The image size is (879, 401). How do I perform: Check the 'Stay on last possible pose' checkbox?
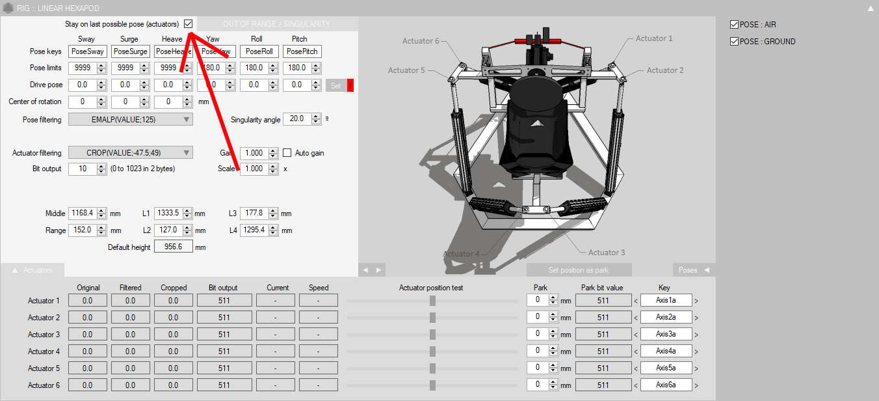(189, 24)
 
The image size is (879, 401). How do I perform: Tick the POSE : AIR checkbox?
(735, 25)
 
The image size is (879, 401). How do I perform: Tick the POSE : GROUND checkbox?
(735, 42)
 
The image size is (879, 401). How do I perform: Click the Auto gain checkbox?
(287, 153)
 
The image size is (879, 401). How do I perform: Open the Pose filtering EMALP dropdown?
(131, 119)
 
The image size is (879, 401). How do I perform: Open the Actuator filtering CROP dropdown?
(131, 153)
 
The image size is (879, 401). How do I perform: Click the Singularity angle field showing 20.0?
(296, 119)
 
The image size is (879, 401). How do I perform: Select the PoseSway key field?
(88, 51)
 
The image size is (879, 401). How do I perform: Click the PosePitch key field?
(302, 51)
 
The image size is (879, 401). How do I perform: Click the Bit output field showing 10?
(83, 169)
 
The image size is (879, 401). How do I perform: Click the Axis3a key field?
(666, 335)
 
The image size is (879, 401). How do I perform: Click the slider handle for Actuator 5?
(432, 368)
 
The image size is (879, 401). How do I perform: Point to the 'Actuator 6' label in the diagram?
(421, 41)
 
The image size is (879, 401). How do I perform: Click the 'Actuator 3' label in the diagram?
(607, 253)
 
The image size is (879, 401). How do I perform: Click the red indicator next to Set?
(350, 85)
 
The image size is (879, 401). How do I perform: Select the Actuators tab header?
(33, 270)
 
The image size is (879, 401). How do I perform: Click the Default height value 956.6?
(174, 247)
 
